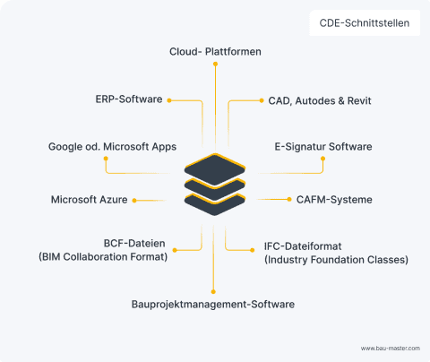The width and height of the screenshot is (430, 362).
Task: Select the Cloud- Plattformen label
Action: [x=215, y=51]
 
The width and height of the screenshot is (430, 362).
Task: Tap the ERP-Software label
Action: [x=129, y=99]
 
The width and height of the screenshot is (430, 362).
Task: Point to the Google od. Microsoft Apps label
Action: [x=112, y=146]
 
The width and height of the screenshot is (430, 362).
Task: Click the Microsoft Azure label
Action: [x=90, y=200]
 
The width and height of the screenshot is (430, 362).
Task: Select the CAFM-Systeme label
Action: [x=334, y=199]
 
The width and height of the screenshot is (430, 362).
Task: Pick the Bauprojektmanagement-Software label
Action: [x=213, y=305]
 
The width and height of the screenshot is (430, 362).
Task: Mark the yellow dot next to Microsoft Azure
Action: [x=134, y=200]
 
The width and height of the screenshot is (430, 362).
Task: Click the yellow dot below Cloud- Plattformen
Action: [x=215, y=65]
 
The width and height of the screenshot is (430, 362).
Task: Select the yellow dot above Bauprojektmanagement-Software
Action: [x=213, y=290]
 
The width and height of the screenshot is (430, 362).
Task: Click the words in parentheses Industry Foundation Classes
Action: [x=336, y=260]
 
